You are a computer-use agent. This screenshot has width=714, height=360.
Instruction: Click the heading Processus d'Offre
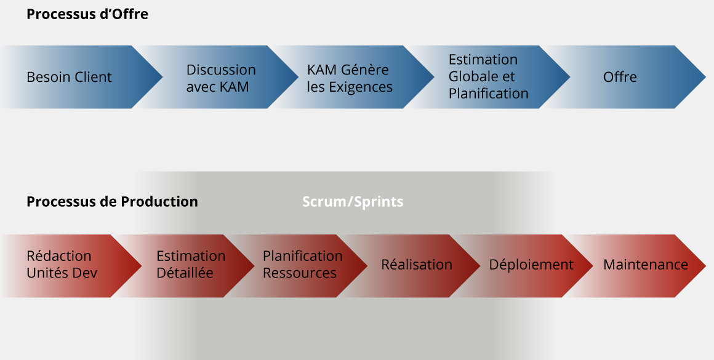[87, 14]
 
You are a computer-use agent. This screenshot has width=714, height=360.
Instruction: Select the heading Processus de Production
[112, 202]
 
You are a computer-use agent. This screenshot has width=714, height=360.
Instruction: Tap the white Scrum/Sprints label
[353, 202]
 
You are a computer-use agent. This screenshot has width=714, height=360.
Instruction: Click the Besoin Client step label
[69, 77]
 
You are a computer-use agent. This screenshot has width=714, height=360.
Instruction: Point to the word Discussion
[221, 70]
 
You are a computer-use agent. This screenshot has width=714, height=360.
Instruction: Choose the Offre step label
[620, 77]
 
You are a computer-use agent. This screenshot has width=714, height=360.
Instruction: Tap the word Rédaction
[59, 256]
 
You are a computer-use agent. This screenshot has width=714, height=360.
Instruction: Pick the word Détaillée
[185, 273]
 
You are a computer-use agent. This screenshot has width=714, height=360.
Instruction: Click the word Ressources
[300, 273]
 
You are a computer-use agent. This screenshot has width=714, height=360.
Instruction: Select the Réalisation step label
[417, 265]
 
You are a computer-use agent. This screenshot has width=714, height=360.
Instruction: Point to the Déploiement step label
[531, 265]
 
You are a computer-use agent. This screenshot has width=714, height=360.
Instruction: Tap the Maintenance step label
[646, 265]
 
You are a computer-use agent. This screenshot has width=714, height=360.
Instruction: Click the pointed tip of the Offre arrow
[706, 77]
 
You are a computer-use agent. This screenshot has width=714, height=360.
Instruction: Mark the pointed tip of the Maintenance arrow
[706, 266]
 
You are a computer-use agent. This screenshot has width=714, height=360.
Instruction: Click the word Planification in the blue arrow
[489, 94]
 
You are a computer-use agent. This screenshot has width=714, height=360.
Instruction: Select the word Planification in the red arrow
[303, 256]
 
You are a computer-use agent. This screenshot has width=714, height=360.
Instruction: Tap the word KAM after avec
[235, 87]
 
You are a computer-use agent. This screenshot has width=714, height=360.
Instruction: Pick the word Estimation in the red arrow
[191, 256]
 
